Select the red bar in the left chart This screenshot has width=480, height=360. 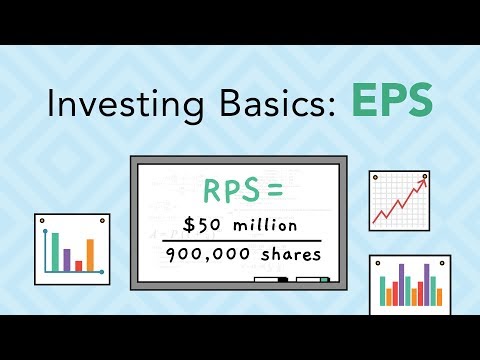click(79, 265)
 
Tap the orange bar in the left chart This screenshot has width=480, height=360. click(90, 254)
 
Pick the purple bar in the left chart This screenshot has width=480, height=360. click(67, 259)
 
